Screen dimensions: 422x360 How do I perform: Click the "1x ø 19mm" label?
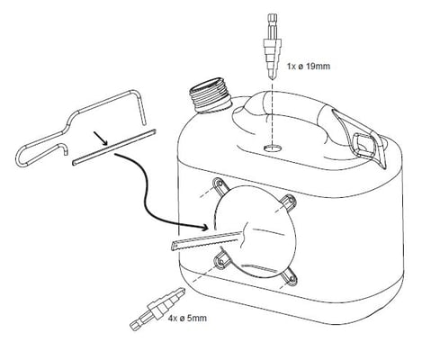pos(309,66)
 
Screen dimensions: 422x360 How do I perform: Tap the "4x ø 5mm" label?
pos(187,318)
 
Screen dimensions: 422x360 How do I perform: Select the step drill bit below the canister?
pos(157,309)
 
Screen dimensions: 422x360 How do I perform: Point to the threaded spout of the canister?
pos(210,94)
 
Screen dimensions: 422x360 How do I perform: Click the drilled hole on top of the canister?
pos(273,148)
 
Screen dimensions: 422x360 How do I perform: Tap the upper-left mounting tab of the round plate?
pos(221,185)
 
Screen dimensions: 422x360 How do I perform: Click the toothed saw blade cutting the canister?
pos(207,239)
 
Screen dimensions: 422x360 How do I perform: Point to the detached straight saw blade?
pos(114,147)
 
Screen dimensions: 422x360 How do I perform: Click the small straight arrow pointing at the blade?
pos(101,138)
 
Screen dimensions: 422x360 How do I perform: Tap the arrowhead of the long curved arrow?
pos(204,227)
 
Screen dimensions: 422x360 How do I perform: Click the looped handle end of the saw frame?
pos(24,153)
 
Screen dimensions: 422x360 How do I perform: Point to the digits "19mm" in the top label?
pos(318,66)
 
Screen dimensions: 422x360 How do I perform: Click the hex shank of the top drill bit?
pos(272,24)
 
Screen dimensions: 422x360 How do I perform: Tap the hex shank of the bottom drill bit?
pos(138,323)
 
